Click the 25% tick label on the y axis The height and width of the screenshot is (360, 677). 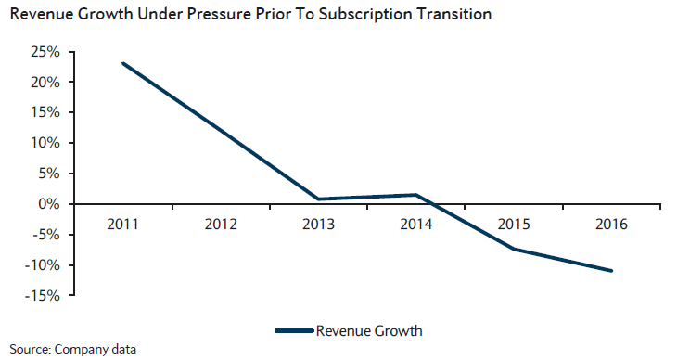[45, 52]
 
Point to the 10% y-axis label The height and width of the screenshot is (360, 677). [45, 143]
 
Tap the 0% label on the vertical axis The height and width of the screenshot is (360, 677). [49, 203]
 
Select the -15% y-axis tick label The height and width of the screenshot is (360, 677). [42, 296]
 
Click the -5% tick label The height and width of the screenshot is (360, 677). [45, 235]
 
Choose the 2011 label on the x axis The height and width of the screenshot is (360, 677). [123, 225]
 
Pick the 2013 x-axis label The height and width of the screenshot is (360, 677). [319, 225]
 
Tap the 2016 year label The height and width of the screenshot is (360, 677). [611, 225]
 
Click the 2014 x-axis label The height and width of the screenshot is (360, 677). [416, 225]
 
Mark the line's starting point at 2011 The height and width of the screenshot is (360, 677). [123, 63]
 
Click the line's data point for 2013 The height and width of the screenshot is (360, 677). [319, 199]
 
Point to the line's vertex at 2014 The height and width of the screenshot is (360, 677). [416, 195]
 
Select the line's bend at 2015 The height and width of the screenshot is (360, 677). [514, 249]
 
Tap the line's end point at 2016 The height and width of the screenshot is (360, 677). [611, 271]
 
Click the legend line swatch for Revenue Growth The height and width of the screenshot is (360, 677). [295, 331]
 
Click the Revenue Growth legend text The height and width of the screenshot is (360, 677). [369, 331]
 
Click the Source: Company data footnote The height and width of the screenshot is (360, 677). [73, 349]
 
